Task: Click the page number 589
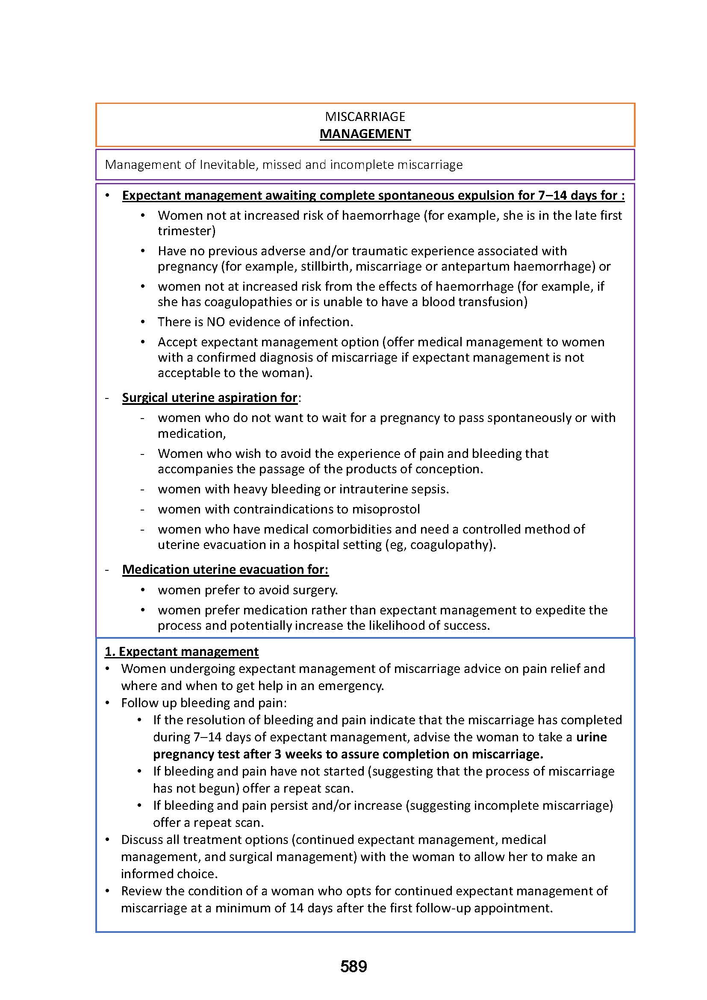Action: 353,967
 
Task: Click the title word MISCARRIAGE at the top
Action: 365,116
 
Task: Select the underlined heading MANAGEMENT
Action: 365,134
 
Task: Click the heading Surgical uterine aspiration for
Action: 209,397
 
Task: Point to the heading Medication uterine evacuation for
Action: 225,569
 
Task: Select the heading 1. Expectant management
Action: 182,651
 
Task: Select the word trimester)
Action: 186,231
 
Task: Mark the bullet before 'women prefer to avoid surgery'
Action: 143,590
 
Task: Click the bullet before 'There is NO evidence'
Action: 143,322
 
